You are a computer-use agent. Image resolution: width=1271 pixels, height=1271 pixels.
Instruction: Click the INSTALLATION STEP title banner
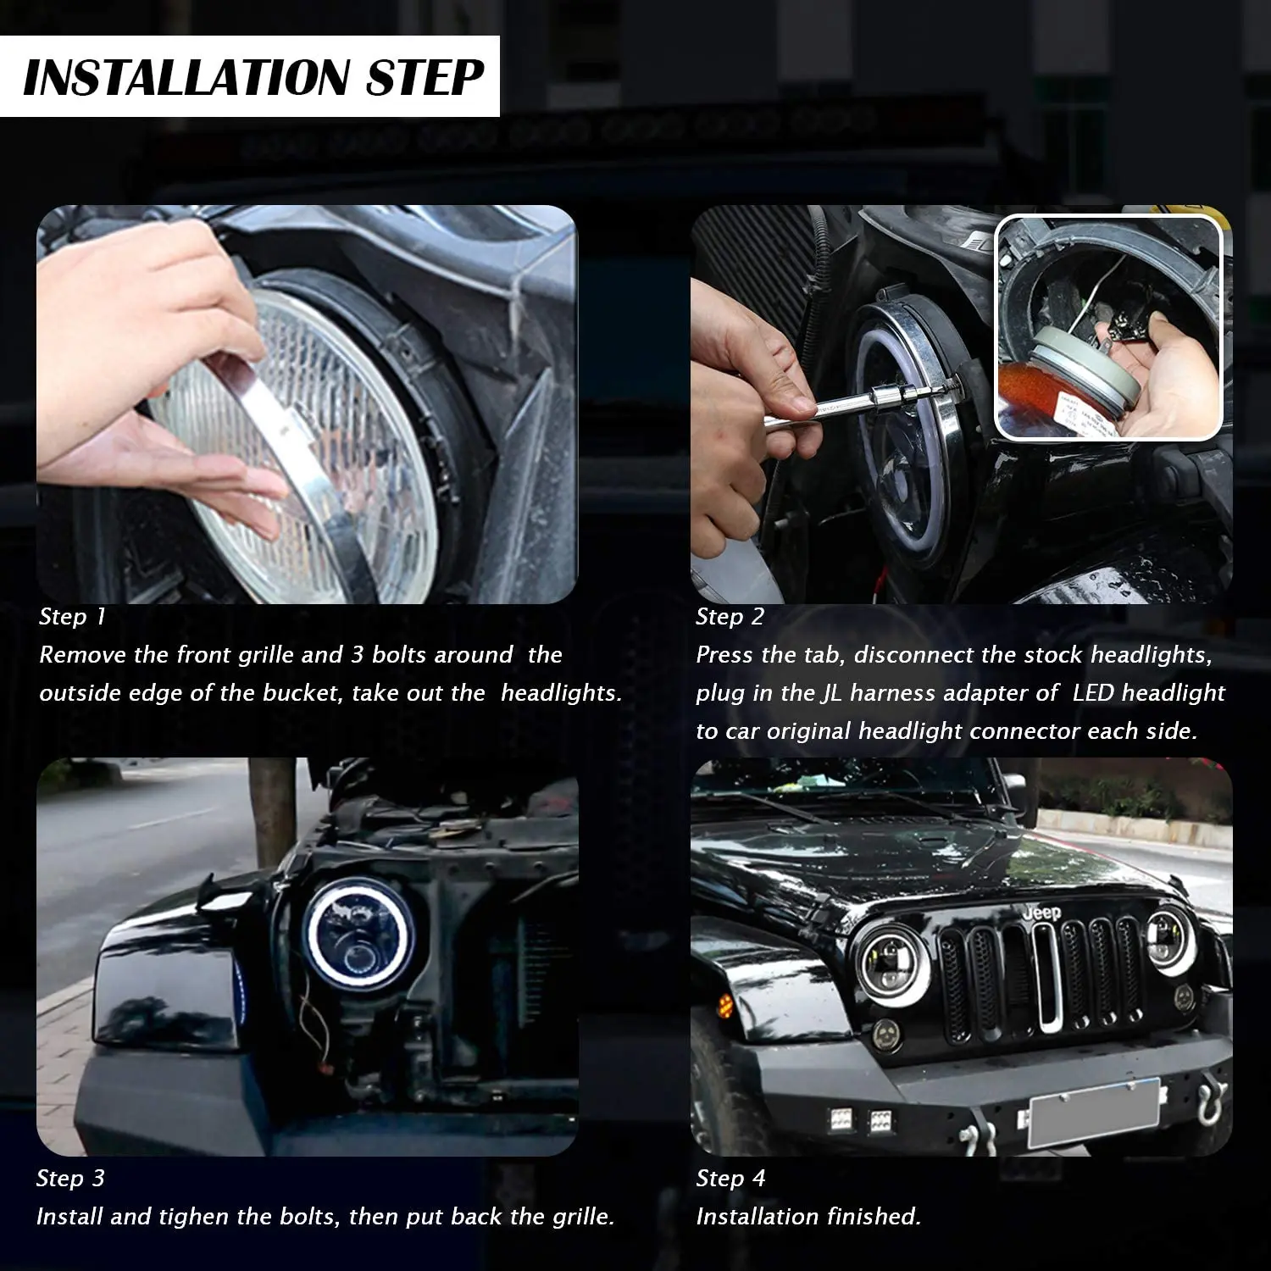[250, 76]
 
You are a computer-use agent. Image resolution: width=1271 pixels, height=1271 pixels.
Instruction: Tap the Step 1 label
[73, 617]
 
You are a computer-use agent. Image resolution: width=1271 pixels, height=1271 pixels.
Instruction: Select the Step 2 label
[730, 617]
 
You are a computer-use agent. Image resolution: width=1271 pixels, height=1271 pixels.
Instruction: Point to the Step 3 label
[71, 1179]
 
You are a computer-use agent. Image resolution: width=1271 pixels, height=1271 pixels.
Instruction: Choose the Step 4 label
[730, 1179]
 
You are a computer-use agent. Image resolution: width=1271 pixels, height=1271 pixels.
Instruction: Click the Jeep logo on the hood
[1041, 913]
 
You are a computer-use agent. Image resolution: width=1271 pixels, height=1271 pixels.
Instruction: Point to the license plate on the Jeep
[1093, 1113]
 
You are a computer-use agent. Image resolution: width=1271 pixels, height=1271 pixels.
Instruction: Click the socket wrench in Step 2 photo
[856, 402]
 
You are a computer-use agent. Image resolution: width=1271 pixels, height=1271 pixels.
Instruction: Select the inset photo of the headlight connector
[1108, 328]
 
